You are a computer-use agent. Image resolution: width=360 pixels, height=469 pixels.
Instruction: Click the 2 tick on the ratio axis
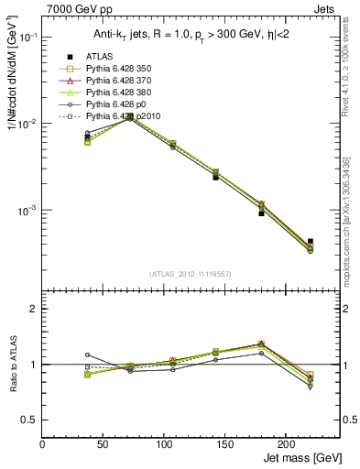35,309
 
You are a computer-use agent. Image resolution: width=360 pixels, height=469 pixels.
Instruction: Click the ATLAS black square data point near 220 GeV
310,242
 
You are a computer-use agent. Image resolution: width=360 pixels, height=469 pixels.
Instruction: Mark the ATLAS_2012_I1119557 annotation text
190,274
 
